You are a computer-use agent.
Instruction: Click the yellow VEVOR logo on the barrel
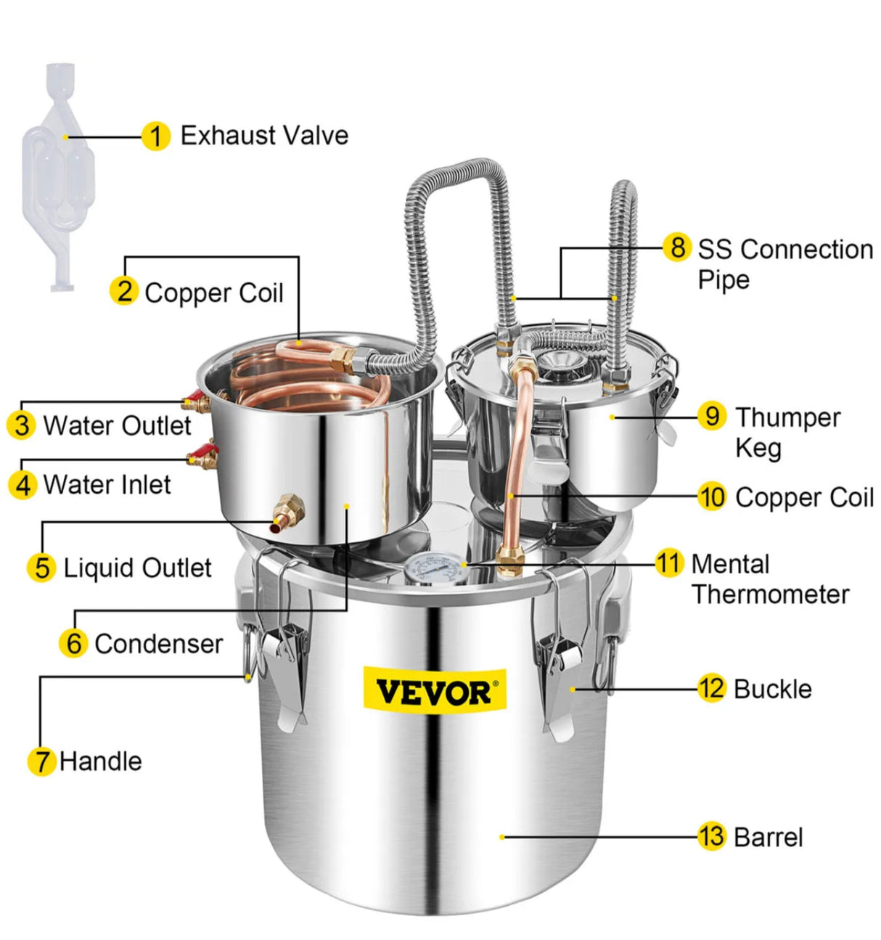pyautogui.click(x=434, y=690)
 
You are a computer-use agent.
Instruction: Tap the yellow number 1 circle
pyautogui.click(x=155, y=136)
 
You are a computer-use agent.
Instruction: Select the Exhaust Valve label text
pyautogui.click(x=264, y=136)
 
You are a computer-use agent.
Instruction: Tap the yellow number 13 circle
pyautogui.click(x=711, y=836)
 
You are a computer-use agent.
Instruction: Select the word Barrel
pyautogui.click(x=768, y=837)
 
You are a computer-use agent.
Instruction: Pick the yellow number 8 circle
pyautogui.click(x=677, y=247)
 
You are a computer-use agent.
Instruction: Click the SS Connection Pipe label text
pyautogui.click(x=784, y=263)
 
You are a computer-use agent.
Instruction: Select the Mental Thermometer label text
pyautogui.click(x=769, y=579)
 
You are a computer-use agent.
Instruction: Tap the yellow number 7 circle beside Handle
pyautogui.click(x=42, y=761)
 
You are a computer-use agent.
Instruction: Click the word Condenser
pyautogui.click(x=158, y=644)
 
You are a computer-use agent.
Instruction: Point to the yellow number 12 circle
pyautogui.click(x=711, y=688)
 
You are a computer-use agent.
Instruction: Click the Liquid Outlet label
pyautogui.click(x=137, y=568)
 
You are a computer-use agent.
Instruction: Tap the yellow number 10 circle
pyautogui.click(x=712, y=497)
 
